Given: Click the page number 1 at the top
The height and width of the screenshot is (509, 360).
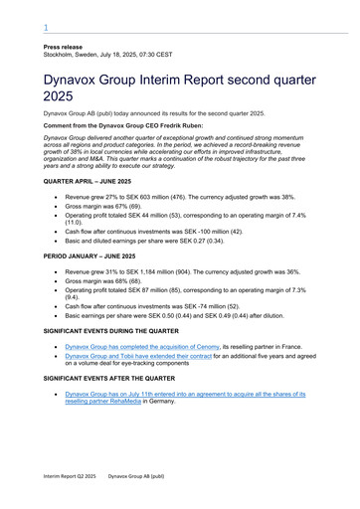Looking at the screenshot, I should [x=45, y=29].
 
